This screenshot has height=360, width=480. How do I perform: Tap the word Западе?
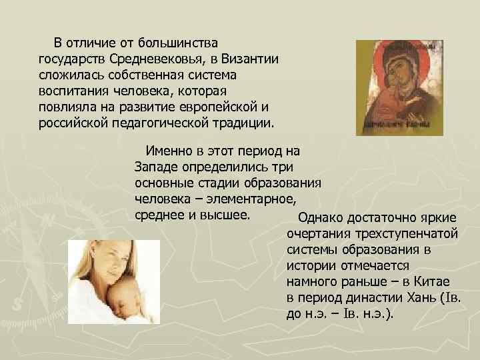[157, 166]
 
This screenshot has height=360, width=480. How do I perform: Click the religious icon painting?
[399, 87]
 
